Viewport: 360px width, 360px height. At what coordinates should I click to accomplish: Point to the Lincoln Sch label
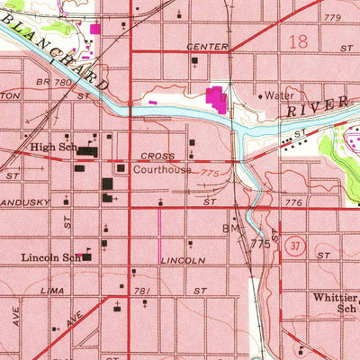tap(50, 257)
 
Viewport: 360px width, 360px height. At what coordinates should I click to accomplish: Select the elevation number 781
tap(141, 290)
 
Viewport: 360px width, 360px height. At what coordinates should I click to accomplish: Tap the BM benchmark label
tap(229, 229)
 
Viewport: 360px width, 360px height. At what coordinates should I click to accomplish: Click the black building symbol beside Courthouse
tap(120, 167)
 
